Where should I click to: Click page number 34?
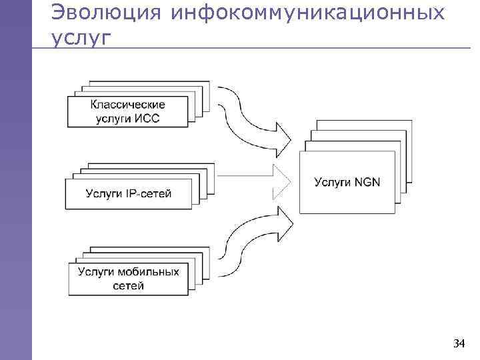(x=459, y=343)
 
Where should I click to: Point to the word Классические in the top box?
(x=128, y=105)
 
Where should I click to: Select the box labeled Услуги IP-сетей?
(x=128, y=194)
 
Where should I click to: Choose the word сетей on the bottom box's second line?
(x=129, y=286)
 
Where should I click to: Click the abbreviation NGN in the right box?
(x=366, y=181)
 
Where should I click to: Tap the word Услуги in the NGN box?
(x=332, y=181)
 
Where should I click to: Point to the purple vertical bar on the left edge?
(x=15, y=200)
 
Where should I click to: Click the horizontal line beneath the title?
(x=267, y=49)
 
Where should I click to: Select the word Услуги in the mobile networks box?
(x=96, y=272)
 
